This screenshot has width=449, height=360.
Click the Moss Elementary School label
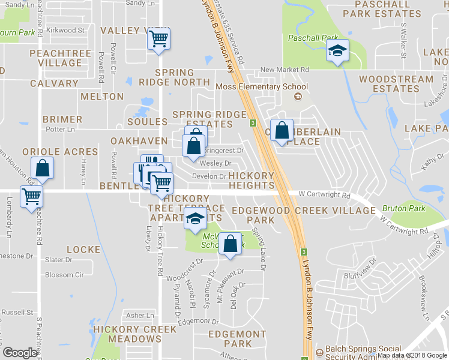261,87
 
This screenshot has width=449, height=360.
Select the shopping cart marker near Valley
158,40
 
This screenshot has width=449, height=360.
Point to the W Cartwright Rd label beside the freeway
319,195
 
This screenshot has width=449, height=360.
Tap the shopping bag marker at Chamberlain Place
282,131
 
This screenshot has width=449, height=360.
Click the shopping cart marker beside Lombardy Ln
31,196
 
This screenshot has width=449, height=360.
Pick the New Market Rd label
285,70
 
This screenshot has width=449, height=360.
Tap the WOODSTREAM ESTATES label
396,83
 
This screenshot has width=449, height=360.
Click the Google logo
20,353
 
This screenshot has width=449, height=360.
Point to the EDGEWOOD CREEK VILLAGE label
303,211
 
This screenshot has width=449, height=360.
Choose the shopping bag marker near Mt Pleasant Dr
229,244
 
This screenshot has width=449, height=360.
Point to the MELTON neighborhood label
101,97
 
